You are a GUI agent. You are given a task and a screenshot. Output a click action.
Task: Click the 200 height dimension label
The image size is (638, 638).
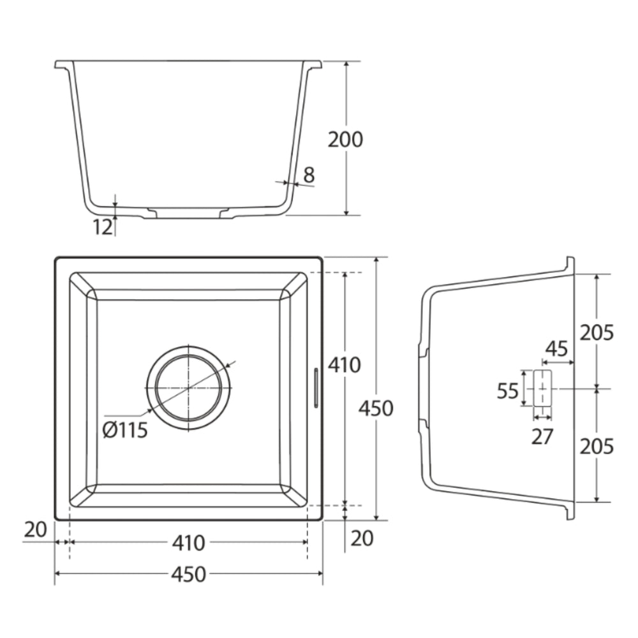coord(345,140)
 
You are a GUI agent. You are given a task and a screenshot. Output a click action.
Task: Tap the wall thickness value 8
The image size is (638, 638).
coord(309,175)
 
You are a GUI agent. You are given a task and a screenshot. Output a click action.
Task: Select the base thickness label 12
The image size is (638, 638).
coord(103,227)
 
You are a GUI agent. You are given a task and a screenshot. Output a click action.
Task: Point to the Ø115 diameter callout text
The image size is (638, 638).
coord(125,429)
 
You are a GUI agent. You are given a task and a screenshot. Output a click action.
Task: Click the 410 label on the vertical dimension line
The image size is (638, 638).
coord(345,365)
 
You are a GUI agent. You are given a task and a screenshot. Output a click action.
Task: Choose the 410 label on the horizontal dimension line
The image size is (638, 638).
coord(188,543)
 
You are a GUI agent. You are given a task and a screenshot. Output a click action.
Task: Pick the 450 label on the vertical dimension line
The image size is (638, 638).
coord(376,408)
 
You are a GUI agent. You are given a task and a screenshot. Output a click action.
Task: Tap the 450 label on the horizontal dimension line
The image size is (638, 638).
coord(188,574)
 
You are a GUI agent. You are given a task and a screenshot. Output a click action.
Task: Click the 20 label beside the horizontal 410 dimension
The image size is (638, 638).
coord(35,530)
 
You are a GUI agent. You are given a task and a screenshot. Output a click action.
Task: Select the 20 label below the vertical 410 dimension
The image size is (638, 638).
coord(362,538)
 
